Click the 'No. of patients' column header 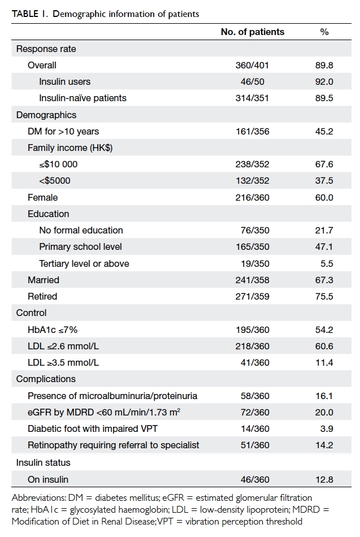[253, 32]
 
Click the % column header [324, 32]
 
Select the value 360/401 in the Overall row [252, 65]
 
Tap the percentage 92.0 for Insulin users [324, 81]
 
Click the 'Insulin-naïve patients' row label [83, 98]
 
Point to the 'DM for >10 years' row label [63, 131]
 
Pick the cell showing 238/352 [252, 164]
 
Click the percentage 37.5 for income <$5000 [324, 180]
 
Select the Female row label [42, 197]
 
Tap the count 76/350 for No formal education [255, 230]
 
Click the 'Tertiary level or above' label [84, 263]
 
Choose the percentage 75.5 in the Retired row [324, 296]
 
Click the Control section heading [31, 313]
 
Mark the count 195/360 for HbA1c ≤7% [253, 330]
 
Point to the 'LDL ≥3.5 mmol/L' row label [63, 362]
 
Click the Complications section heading [46, 379]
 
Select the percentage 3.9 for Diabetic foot [327, 428]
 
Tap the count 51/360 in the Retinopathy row [255, 445]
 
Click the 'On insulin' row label [48, 479]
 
